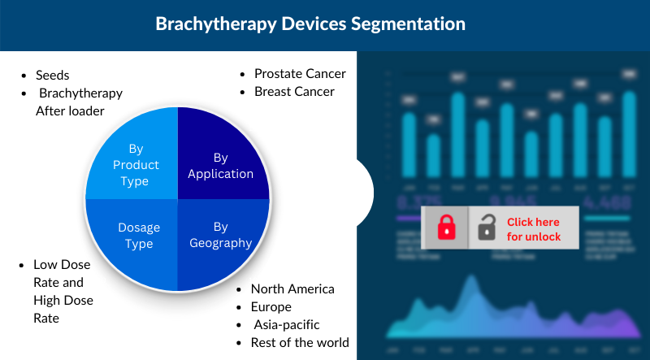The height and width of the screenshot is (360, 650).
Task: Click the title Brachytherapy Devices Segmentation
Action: coord(310,24)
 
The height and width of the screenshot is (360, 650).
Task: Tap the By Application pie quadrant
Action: coord(220,165)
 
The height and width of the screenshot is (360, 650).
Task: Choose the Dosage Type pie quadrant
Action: coord(135,235)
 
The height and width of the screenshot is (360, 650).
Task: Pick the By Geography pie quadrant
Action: coord(220,235)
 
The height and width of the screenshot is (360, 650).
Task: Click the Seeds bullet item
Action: coord(54,74)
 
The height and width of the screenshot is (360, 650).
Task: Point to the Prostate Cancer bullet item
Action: coord(300,74)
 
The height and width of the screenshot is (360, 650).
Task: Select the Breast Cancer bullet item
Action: coord(294,92)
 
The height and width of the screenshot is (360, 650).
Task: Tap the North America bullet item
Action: coord(292,289)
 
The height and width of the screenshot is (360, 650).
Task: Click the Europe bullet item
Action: coord(271,307)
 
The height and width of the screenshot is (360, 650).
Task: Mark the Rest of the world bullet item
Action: coord(300,343)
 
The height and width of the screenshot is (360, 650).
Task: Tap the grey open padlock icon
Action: coord(487,228)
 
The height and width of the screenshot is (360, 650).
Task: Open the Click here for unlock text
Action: coord(533,228)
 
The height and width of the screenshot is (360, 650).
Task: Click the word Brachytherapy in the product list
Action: coord(80,93)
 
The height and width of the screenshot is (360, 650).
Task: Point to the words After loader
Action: coord(70,111)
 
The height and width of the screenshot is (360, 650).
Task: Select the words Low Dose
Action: coord(62,265)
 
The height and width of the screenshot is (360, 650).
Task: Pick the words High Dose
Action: coord(63,301)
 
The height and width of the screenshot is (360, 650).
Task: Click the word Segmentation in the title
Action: coord(409,24)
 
